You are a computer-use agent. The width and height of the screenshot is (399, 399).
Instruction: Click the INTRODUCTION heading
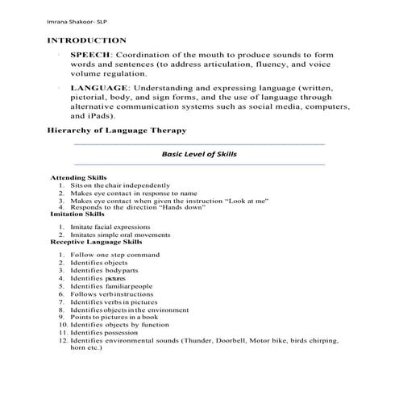coord(86,39)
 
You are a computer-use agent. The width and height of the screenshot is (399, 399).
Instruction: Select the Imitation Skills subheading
coord(77,214)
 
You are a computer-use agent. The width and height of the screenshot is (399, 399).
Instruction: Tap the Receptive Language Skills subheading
coord(96,241)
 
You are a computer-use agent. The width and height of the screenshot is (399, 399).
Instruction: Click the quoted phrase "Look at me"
coord(247,201)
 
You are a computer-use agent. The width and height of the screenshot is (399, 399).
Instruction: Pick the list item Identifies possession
coord(105,332)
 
